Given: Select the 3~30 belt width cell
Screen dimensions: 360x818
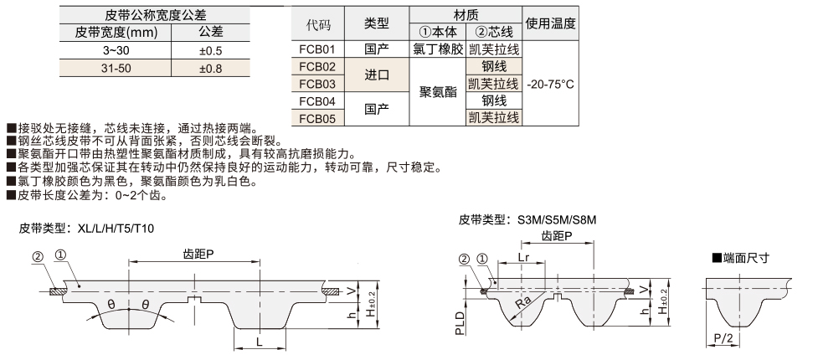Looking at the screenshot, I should click(116, 50).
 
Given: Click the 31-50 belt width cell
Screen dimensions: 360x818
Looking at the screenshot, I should click(116, 68).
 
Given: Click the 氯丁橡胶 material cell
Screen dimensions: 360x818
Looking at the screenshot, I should click(439, 49).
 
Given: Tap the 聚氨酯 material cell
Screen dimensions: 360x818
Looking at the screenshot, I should click(439, 92).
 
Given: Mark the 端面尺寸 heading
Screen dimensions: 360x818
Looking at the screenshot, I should click(744, 257).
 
